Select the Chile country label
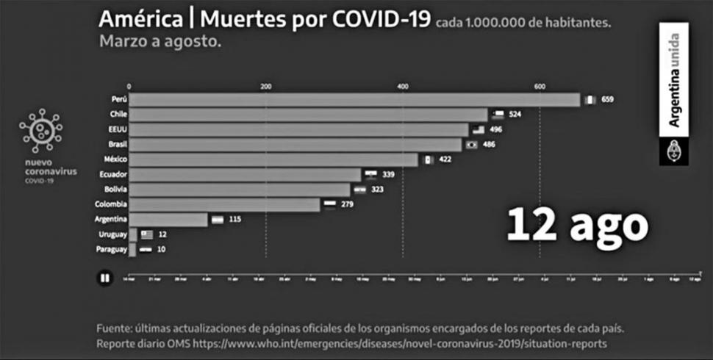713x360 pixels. [x=118, y=115]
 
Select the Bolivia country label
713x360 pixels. [x=116, y=190]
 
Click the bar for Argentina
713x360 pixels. [x=168, y=220]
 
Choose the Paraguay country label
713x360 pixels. [x=112, y=250]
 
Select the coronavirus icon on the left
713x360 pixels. [x=41, y=131]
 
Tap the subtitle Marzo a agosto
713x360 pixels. [x=160, y=42]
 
